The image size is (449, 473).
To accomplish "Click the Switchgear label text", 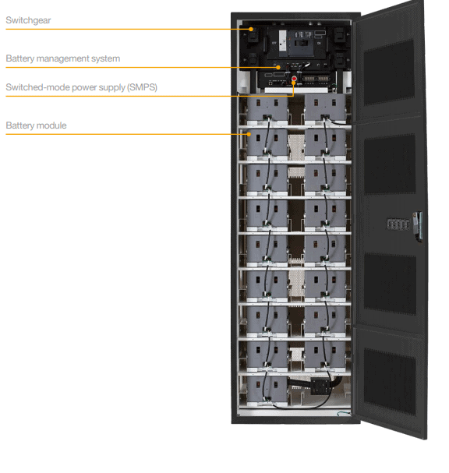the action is pos(28,20).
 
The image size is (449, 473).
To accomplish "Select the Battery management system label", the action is pos(63,58).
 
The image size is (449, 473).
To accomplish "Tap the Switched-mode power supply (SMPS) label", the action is pos(82,87).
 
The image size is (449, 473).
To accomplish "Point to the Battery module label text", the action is pos(36,125).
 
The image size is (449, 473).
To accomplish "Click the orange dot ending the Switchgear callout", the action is pos(251,30).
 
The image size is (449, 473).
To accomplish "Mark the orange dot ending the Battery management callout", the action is pos(278,67).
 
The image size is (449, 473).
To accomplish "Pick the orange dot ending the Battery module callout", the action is pos(249,134).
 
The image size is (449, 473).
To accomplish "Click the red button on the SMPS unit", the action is pos(294,79).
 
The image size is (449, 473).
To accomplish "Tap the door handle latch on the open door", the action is pos(418,226).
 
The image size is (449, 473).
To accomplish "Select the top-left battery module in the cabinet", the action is pos(267,109).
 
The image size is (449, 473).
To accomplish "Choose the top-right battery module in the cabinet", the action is pos(325,109).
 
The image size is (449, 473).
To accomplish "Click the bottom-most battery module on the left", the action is pos(267,390).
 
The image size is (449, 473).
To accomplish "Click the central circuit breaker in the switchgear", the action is pos(301,43).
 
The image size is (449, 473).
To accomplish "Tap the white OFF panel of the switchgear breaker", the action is pos(283,44).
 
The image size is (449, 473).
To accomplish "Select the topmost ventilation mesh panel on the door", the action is pos(389,73).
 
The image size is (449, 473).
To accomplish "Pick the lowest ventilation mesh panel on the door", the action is pos(390,382).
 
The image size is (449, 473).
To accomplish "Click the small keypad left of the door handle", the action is pos(398,224).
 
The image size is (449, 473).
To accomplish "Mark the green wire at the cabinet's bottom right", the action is pos(344,413).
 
